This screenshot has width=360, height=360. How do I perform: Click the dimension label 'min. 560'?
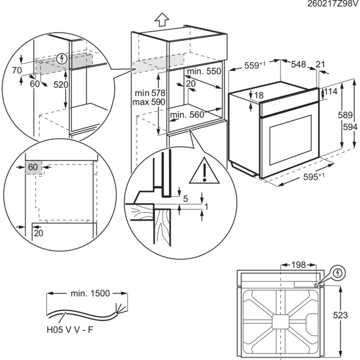click(x=189, y=115)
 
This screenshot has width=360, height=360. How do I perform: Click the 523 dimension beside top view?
click(x=351, y=315)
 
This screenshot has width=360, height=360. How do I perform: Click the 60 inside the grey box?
click(x=33, y=167)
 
